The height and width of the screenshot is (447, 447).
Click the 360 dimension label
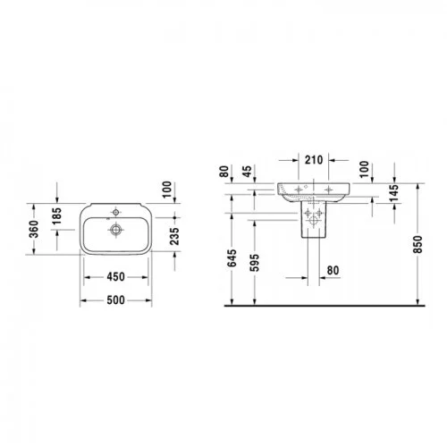click(35, 229)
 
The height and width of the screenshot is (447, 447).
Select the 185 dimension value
click(56, 216)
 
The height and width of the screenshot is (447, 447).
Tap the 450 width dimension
click(115, 277)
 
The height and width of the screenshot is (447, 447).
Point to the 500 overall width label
click(115, 300)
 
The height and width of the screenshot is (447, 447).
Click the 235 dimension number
click(174, 236)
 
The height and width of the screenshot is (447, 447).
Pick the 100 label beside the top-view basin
click(167, 190)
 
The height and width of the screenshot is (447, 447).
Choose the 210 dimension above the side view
click(314, 160)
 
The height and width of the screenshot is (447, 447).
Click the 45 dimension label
click(247, 171)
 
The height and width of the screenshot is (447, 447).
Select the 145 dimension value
click(394, 193)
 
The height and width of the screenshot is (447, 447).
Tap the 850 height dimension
click(417, 244)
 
